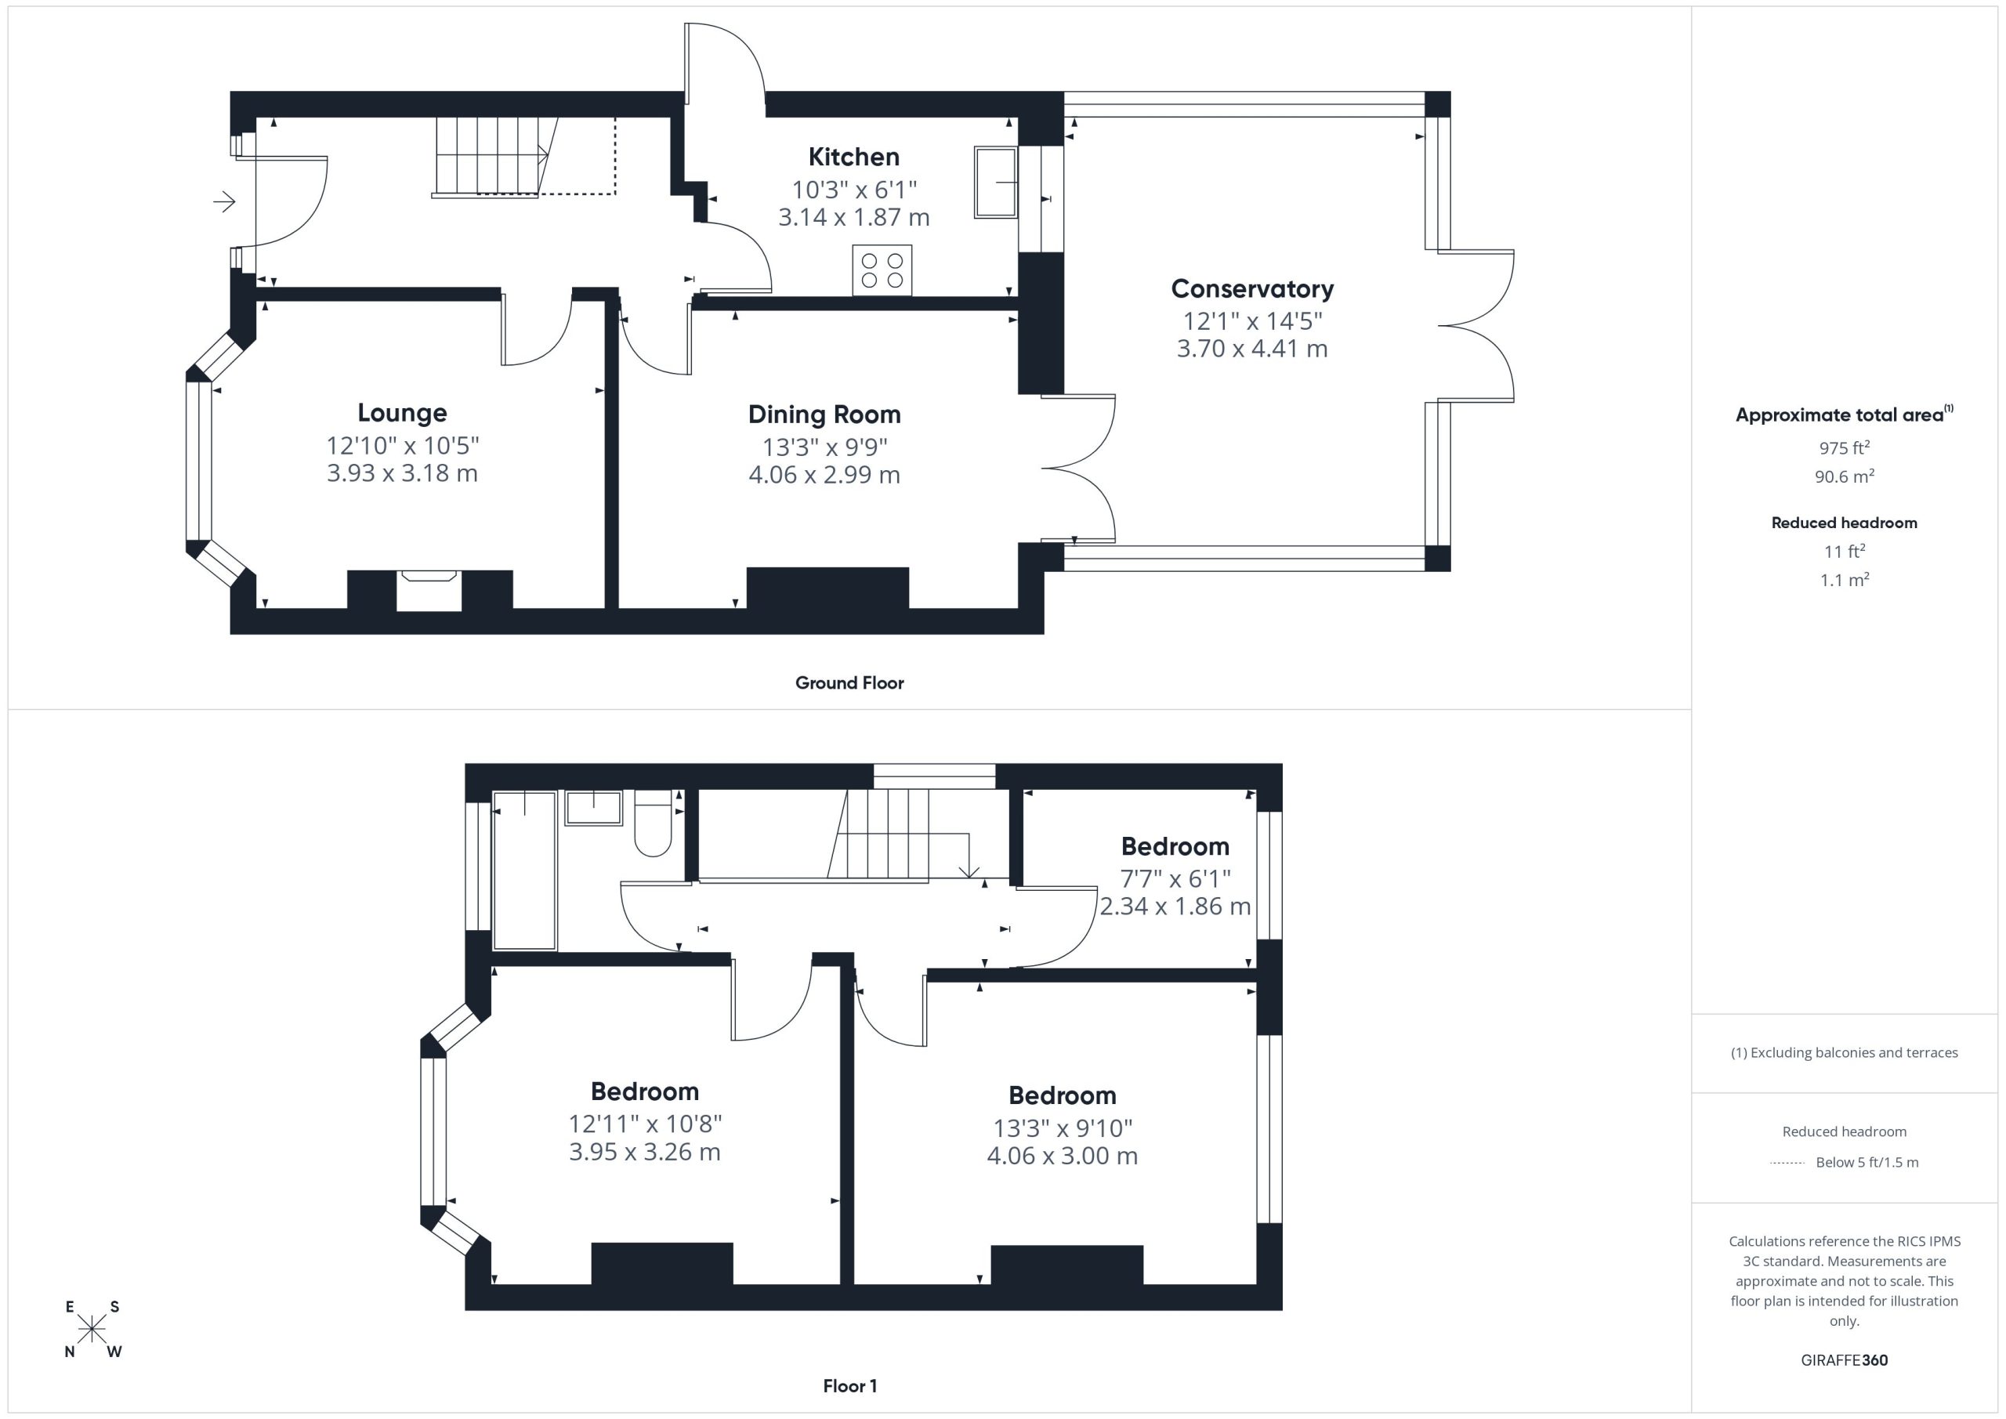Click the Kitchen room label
(853, 157)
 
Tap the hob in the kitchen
(882, 270)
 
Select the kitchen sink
(996, 182)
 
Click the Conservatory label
(1252, 288)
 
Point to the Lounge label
(402, 412)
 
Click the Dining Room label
(824, 414)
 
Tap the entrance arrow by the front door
(225, 202)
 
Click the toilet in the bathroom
(653, 823)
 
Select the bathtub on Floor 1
(524, 871)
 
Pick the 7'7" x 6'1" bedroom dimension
(1175, 878)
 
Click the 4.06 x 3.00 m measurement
(1063, 1156)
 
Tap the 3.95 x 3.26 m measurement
(645, 1152)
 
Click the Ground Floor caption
(849, 683)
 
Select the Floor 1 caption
(849, 1386)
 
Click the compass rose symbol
(92, 1330)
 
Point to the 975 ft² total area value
(1845, 447)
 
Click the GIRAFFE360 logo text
(1845, 1360)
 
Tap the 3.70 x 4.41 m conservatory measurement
(1252, 349)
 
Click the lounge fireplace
(429, 592)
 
